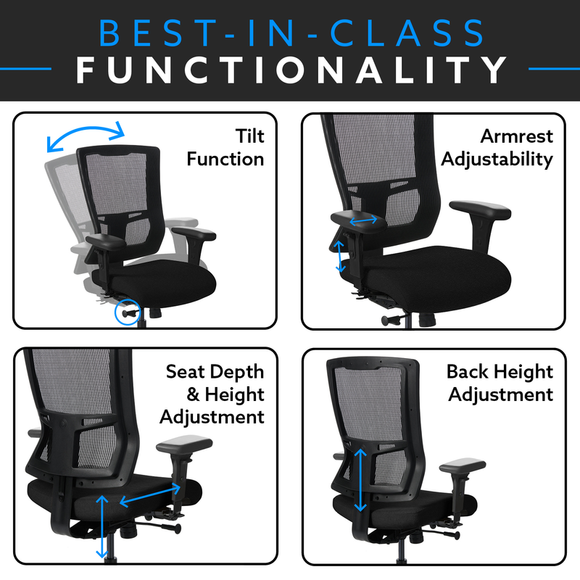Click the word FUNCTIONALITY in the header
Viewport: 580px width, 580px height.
tap(291, 70)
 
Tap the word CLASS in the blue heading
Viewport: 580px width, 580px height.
tap(406, 33)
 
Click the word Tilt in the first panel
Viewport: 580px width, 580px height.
tap(249, 136)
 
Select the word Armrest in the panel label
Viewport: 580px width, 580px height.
tap(516, 136)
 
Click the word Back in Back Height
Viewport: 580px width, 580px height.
tap(467, 371)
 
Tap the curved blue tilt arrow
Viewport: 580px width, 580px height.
tap(86, 135)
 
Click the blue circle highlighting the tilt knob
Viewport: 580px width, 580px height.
tap(128, 312)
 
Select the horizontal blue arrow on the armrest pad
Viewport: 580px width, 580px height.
tap(363, 220)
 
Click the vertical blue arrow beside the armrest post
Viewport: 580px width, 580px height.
tap(339, 256)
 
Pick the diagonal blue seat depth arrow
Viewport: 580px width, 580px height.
tap(150, 495)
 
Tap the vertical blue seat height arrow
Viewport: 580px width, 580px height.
tap(101, 527)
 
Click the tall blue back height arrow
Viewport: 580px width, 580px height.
tap(360, 480)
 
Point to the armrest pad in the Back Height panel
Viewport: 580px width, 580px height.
tap(463, 465)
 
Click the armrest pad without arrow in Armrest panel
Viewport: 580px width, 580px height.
tap(480, 210)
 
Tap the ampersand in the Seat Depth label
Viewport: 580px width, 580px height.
tap(193, 394)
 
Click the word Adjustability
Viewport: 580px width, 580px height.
tap(497, 159)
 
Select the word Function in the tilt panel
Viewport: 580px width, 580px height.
tap(225, 159)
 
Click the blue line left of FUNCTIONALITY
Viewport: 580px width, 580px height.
tap(25, 69)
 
